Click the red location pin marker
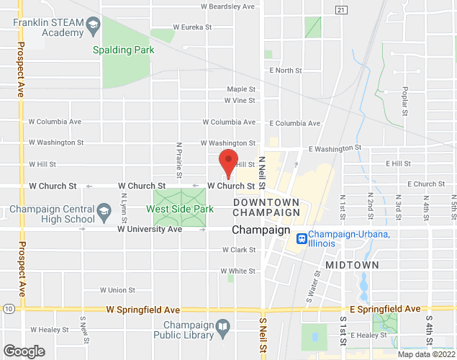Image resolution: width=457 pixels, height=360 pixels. (x=228, y=162)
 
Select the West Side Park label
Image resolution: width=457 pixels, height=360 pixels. (x=180, y=210)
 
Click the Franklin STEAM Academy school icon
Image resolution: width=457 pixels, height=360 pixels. (x=93, y=28)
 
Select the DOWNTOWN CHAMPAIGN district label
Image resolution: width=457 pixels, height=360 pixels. (x=266, y=207)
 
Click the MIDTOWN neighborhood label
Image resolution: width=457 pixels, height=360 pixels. (x=352, y=265)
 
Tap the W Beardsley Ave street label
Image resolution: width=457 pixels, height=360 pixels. (x=228, y=6)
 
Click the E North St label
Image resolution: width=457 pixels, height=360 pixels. (x=285, y=71)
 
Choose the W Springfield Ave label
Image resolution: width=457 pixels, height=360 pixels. (x=142, y=309)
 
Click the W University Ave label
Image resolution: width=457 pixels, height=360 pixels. (x=150, y=229)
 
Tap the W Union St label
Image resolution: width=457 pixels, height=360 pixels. (x=119, y=291)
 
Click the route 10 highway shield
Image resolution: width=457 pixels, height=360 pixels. (x=7, y=309)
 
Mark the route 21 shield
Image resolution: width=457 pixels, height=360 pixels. (x=341, y=9)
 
